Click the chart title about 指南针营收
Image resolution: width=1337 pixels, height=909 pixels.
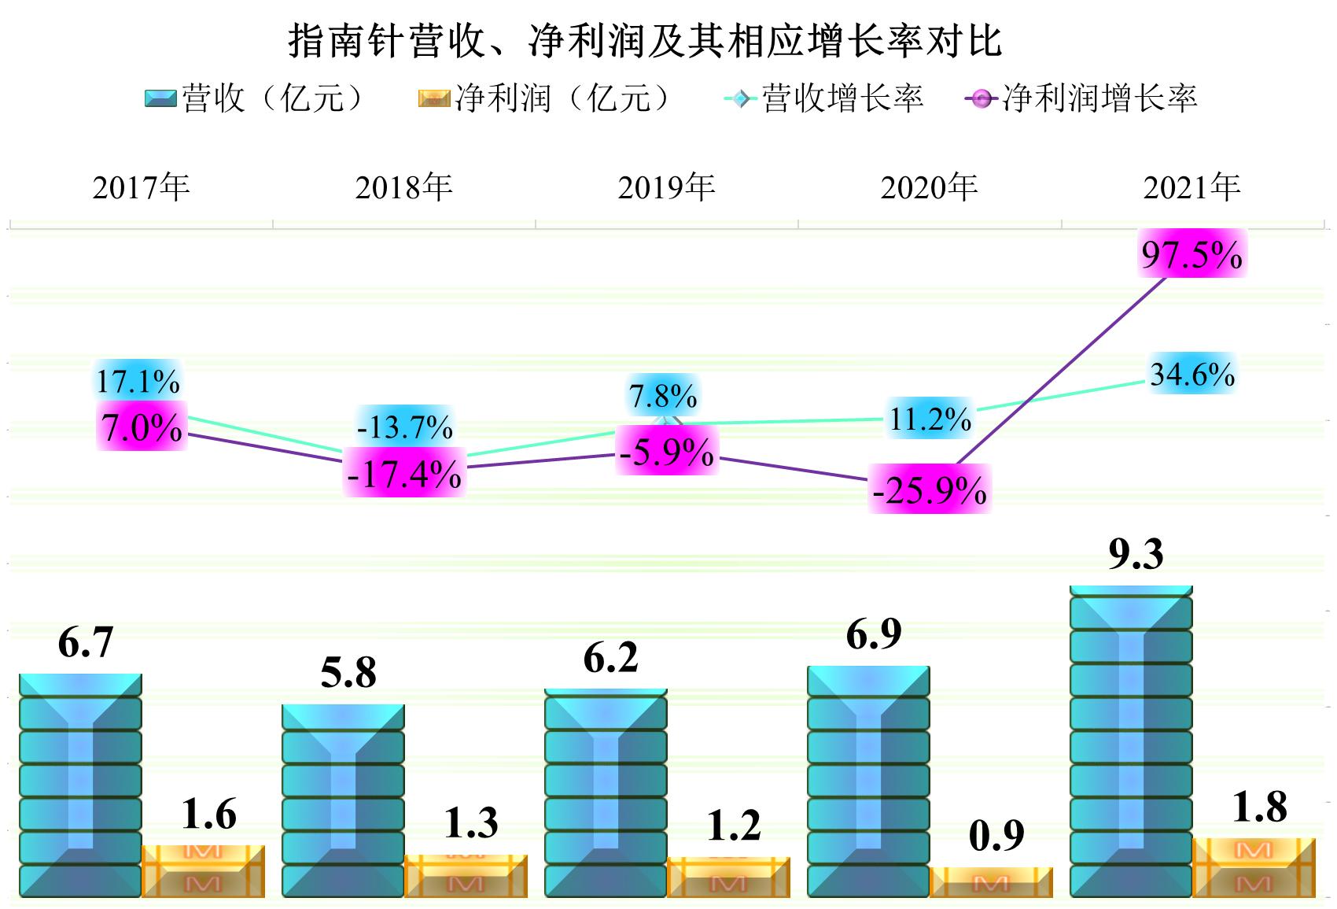click(x=645, y=41)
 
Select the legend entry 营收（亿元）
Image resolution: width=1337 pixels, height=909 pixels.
click(x=256, y=98)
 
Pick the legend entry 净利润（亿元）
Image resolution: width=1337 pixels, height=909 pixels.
click(x=545, y=98)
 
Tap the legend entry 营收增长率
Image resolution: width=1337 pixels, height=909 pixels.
click(x=823, y=98)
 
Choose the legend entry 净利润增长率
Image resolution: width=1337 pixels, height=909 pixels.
click(x=1081, y=98)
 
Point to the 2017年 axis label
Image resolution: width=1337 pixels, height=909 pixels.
click(x=142, y=187)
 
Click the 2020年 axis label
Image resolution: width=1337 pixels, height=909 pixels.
click(x=929, y=187)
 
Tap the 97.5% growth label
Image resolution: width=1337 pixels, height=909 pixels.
click(x=1192, y=254)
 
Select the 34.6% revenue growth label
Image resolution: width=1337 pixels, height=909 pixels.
click(x=1192, y=374)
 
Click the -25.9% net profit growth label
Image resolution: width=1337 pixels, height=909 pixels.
click(x=930, y=490)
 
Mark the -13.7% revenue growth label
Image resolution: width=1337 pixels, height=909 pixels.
click(x=404, y=427)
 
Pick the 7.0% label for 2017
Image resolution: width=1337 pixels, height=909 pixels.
click(x=142, y=427)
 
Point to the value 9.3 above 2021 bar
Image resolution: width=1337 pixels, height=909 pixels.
click(x=1136, y=553)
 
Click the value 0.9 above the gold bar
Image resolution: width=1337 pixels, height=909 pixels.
click(x=996, y=835)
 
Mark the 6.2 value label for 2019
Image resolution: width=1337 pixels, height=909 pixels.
click(x=610, y=657)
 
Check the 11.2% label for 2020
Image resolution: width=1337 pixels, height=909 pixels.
click(x=930, y=419)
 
